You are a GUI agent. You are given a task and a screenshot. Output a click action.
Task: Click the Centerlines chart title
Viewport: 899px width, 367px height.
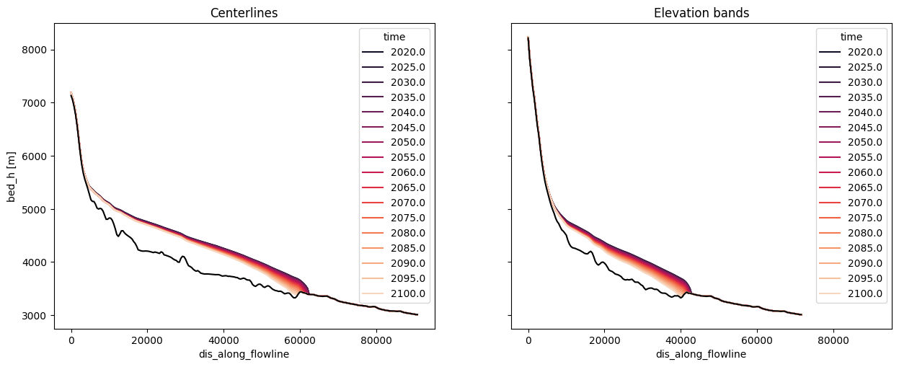pyautogui.click(x=244, y=13)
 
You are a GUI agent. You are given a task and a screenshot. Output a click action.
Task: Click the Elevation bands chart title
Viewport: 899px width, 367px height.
pyautogui.click(x=701, y=13)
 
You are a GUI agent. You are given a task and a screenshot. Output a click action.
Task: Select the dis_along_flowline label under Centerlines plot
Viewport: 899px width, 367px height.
pyautogui.click(x=244, y=355)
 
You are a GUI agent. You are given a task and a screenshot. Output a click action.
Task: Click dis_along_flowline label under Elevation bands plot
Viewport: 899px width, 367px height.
pyautogui.click(x=701, y=355)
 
